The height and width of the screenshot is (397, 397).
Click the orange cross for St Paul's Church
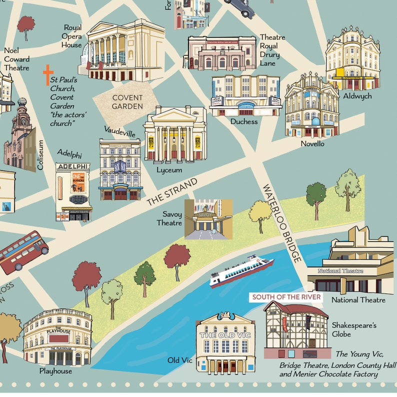(48, 74)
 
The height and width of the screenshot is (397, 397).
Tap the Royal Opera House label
(71, 36)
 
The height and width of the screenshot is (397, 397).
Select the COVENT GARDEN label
(127, 101)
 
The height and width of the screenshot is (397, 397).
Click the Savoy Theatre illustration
(208, 219)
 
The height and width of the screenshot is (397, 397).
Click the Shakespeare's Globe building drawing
(296, 329)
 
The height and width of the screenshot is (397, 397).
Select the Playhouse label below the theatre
(55, 371)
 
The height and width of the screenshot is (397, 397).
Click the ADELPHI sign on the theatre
(72, 166)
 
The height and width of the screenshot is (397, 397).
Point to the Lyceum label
(169, 169)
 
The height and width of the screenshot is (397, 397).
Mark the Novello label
(312, 143)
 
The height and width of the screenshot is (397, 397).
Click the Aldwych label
(357, 95)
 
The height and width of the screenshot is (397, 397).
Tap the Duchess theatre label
(244, 121)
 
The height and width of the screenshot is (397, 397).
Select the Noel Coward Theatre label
(16, 59)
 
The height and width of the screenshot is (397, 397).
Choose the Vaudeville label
(119, 132)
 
